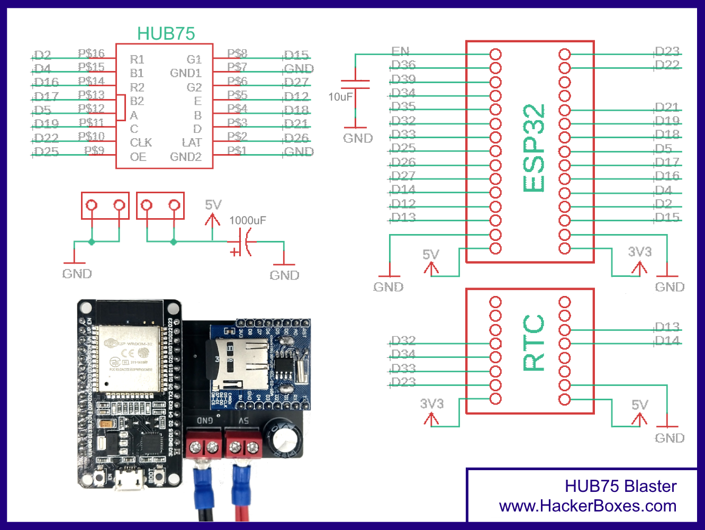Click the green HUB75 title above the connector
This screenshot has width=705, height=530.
(x=166, y=34)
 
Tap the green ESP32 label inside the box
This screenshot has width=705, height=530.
(x=534, y=148)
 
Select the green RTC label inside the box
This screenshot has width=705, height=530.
(x=534, y=343)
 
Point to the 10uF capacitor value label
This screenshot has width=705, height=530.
(x=340, y=97)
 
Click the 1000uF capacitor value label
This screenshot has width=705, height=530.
(x=248, y=220)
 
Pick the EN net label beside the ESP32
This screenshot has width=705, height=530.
(x=400, y=51)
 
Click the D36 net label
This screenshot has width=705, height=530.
(x=403, y=65)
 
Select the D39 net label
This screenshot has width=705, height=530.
(x=403, y=79)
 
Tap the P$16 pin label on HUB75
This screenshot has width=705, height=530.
(x=91, y=53)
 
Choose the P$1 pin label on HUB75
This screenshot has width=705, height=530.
(x=237, y=150)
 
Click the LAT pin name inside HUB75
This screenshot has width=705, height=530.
(x=192, y=142)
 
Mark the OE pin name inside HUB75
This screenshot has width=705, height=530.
(x=138, y=157)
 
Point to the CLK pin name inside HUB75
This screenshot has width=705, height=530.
(x=141, y=142)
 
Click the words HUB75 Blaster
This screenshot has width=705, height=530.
(x=620, y=486)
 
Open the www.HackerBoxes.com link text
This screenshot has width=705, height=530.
(x=587, y=506)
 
